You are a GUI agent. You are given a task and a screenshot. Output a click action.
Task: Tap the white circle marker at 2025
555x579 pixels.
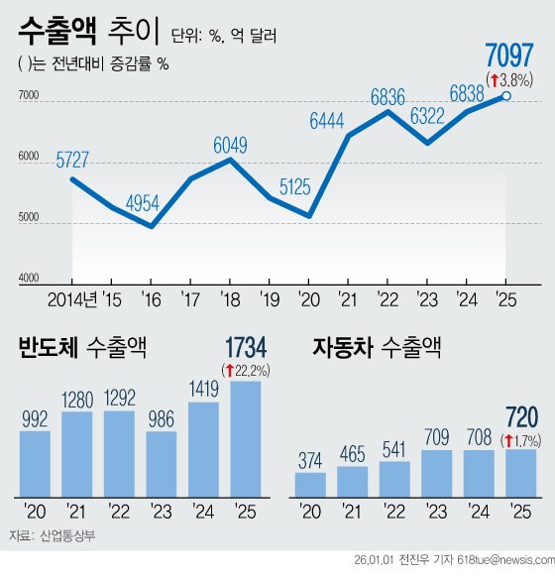(x=506, y=96)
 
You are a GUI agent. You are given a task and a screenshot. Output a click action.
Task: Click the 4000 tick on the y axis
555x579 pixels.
(x=28, y=281)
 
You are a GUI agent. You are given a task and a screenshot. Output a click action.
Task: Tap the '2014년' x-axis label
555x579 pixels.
(x=70, y=298)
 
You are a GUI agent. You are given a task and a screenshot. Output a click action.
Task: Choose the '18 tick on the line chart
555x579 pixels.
(x=229, y=298)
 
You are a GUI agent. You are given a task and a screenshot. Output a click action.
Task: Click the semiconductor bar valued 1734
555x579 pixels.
(x=245, y=438)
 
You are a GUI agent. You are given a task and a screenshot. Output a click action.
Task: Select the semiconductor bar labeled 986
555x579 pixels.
(x=161, y=463)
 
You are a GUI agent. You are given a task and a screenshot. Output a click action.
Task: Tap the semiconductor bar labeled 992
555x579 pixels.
(x=35, y=463)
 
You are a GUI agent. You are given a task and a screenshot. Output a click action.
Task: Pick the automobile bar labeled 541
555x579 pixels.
(x=394, y=478)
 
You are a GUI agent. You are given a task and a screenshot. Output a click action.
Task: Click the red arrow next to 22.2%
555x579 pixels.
(x=230, y=371)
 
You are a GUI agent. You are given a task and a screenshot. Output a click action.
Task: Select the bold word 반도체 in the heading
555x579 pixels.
(x=48, y=347)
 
